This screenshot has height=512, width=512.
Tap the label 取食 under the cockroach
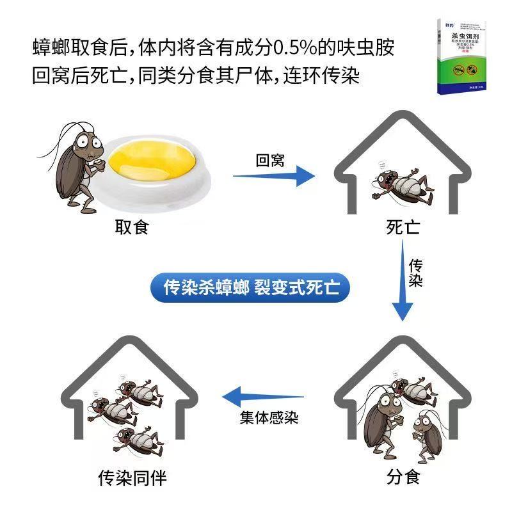click(132, 227)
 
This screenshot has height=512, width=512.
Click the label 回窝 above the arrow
click(269, 160)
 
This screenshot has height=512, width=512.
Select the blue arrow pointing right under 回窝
click(273, 177)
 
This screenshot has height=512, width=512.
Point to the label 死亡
click(403, 227)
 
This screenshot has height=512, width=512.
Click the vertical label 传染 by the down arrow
click(417, 273)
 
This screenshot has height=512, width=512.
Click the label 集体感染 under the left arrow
click(269, 418)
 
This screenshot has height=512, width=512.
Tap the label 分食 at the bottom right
click(403, 477)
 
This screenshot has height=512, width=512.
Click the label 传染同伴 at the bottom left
click(135, 477)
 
